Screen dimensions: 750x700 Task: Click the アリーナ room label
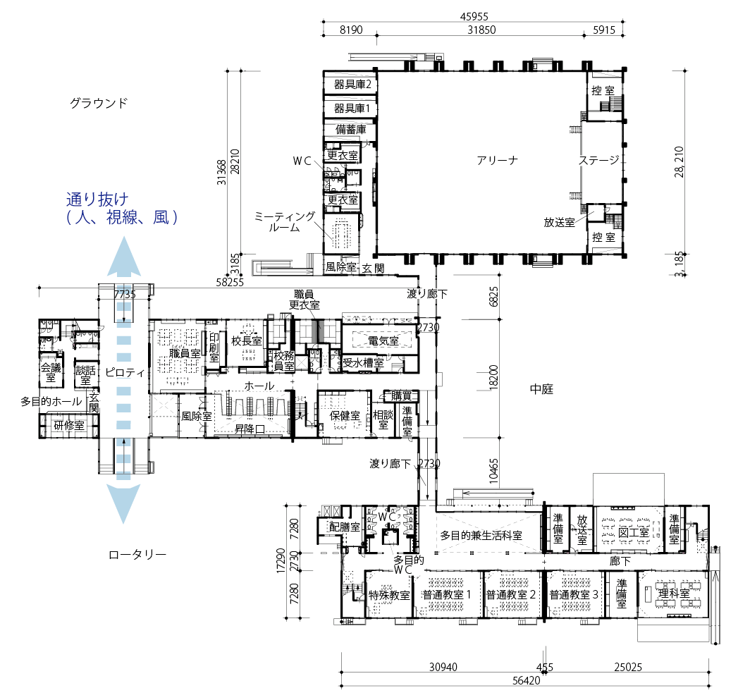pos(497,160)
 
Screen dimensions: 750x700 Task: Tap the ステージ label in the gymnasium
pos(599,160)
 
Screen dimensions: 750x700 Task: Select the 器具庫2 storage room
pos(352,85)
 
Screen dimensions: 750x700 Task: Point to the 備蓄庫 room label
pos(350,129)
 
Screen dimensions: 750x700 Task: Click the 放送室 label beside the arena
pos(559,223)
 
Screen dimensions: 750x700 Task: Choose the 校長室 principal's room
pos(247,340)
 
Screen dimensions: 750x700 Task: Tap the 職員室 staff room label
pos(185,354)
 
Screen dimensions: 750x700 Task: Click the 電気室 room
pos(383,340)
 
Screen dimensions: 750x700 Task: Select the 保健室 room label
pos(345,416)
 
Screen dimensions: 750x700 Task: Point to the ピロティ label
pos(124,372)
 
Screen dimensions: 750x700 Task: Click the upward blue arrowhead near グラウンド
pos(124,256)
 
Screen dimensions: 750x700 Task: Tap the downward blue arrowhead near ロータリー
pos(123,503)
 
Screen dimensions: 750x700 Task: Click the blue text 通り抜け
pos(97,199)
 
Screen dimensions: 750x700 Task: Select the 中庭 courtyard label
pos(541,389)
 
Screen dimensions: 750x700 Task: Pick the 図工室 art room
pos(633,532)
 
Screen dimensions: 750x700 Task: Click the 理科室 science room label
pos(674,594)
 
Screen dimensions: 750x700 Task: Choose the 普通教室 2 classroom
pos(511,595)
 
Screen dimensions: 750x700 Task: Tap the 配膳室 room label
pos(345,527)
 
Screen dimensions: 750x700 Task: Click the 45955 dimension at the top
pos(474,16)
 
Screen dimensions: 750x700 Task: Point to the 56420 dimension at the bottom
pos(526,680)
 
